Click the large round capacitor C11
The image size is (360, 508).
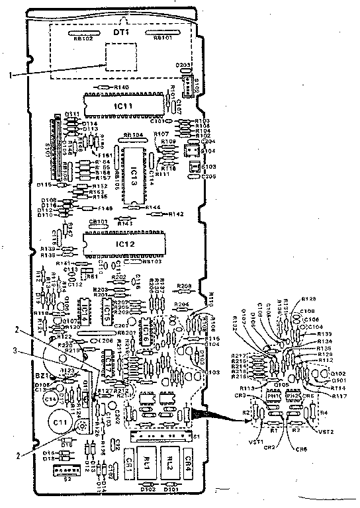pyautogui.click(x=60, y=421)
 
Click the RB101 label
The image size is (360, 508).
pyautogui.click(x=163, y=38)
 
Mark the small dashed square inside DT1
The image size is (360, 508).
pyautogui.click(x=120, y=56)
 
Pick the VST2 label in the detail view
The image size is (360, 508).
pyautogui.click(x=325, y=432)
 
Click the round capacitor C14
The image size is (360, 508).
pyautogui.click(x=50, y=400)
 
